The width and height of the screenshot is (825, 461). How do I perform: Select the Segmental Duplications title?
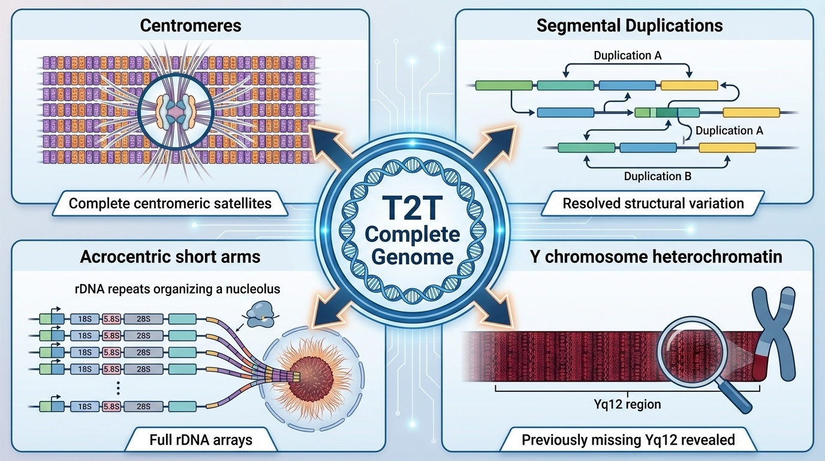coord(630,26)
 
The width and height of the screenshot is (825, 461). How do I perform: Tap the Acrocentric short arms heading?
coord(170,257)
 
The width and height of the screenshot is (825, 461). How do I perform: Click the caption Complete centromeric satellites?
coord(170,203)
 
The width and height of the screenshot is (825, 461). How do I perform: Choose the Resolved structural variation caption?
coord(653,203)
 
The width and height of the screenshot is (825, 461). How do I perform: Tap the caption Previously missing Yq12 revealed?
coord(628,439)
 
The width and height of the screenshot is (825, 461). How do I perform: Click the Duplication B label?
coord(658,176)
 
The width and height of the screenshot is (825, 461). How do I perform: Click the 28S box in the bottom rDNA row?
coord(143,406)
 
